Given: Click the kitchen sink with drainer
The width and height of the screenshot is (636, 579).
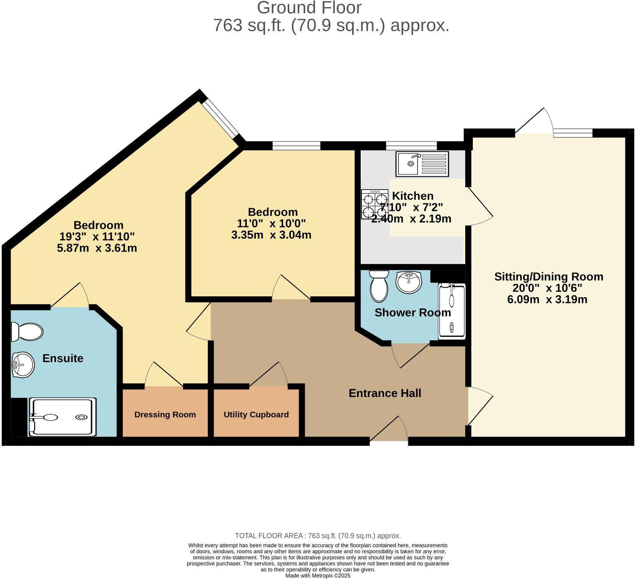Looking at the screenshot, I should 422,164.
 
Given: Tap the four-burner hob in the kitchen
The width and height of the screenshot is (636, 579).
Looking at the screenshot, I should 375,204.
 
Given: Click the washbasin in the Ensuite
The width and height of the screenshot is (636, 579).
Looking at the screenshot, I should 23,365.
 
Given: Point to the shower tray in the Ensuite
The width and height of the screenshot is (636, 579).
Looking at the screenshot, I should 62,417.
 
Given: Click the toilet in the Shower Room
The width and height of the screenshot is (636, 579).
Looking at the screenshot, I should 379,286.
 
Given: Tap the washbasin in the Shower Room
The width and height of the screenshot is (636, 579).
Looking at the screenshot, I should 409,282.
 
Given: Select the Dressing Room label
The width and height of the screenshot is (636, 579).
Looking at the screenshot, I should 165,414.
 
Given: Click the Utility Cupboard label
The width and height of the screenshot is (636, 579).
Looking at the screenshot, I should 256,414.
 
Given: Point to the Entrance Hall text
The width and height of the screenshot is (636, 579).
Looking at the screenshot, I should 385,393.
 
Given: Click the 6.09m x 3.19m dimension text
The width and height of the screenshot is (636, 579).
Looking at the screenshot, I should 547,300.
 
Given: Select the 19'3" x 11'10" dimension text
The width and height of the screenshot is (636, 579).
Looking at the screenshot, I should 97,237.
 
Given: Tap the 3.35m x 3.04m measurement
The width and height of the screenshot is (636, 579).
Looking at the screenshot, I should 271,235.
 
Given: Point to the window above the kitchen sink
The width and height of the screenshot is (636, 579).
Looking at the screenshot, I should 411,146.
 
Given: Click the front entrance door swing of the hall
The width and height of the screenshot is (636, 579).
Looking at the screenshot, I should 389,430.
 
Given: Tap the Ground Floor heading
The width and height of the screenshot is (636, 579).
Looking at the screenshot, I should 309,8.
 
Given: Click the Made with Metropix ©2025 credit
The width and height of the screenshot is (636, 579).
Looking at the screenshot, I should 318,576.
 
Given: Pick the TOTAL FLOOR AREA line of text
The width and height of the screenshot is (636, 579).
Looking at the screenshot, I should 318,535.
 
